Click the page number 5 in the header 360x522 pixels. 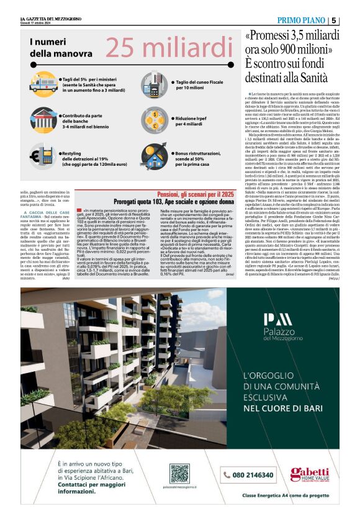(x=334, y=20)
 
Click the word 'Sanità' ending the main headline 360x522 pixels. (x=307, y=78)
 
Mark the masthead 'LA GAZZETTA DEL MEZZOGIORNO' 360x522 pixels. (x=49, y=19)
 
